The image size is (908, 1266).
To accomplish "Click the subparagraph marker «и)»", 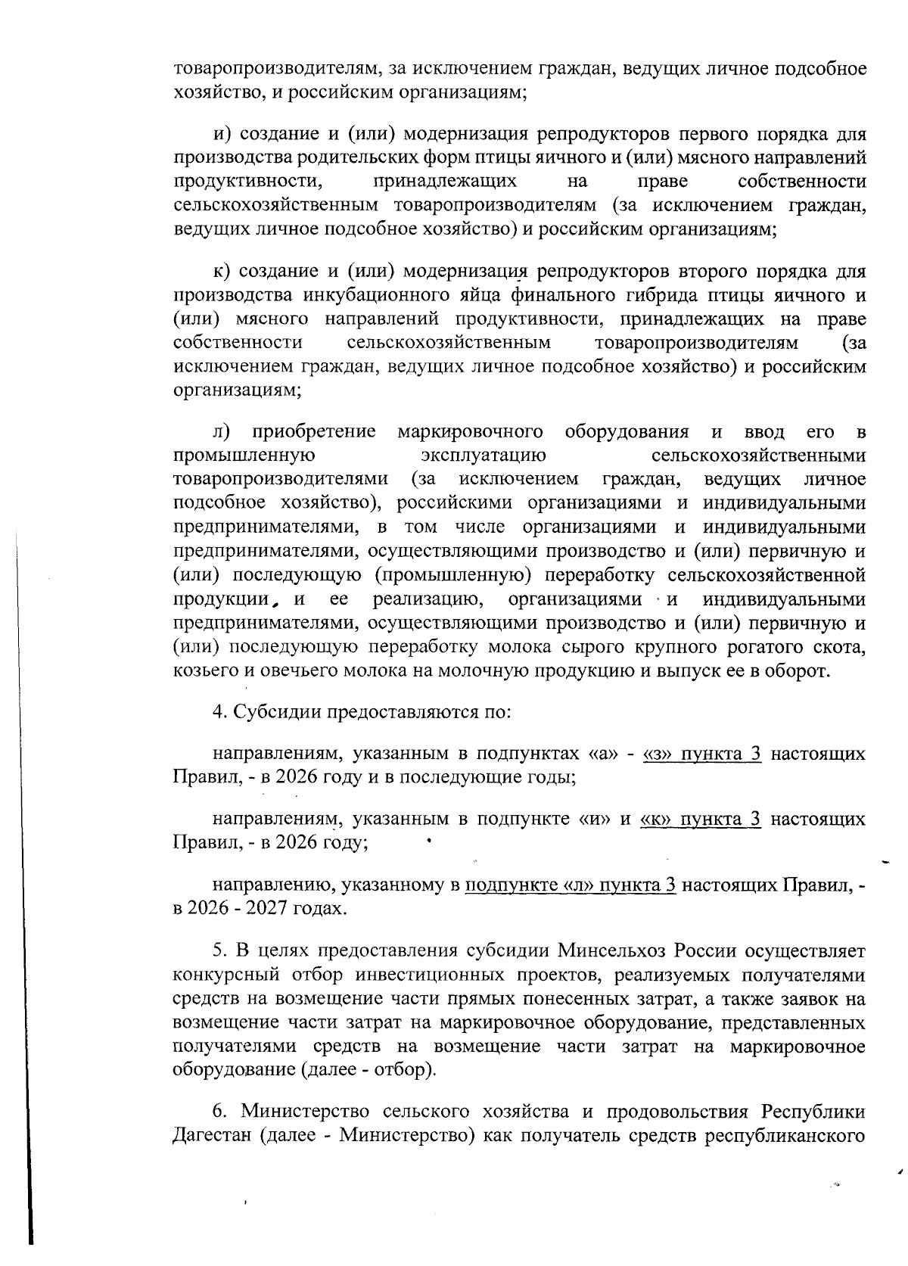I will (221, 135).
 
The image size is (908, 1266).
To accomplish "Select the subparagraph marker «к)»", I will (221, 272).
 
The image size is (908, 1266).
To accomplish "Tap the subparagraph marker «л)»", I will (221, 432).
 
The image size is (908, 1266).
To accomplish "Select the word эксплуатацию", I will (483, 456).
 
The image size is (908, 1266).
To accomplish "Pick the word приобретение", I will (314, 432).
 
